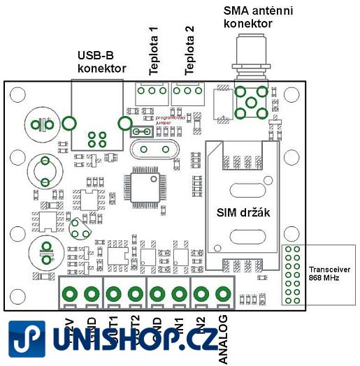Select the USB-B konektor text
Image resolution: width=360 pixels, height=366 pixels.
click(x=101, y=61)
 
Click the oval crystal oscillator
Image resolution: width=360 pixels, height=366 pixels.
click(x=149, y=147)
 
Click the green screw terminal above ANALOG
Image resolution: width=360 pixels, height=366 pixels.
click(x=223, y=293)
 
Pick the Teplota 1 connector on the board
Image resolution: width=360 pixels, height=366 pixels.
click(x=148, y=91)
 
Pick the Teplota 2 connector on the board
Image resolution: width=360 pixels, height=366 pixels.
click(x=187, y=91)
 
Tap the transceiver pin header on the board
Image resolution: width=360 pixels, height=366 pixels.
click(x=292, y=274)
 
